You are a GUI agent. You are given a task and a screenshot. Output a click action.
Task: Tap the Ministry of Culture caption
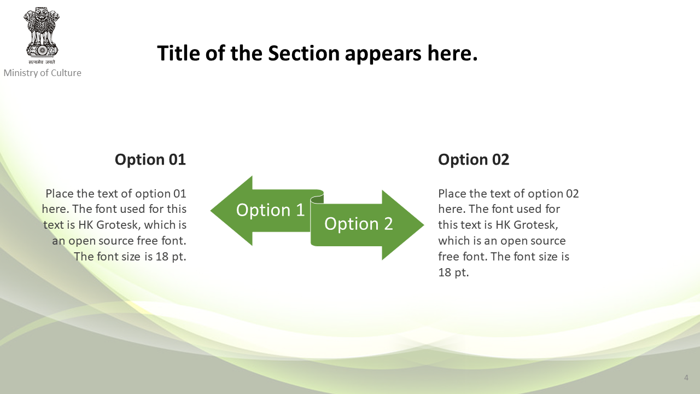(42, 73)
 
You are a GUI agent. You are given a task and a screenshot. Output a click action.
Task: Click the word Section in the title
(304, 53)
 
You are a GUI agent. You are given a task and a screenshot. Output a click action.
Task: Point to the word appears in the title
(383, 54)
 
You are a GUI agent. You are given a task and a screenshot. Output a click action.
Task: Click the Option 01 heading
(150, 160)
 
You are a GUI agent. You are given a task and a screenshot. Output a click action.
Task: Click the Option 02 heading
(474, 160)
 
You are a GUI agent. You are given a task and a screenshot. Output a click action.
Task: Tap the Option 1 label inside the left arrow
(270, 210)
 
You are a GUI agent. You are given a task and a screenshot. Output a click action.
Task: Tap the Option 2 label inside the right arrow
(358, 224)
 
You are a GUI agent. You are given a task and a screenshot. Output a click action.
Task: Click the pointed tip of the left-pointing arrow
(211, 211)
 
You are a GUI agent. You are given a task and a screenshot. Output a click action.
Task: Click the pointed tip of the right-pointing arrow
(423, 225)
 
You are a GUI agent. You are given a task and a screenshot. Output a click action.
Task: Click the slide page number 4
(686, 378)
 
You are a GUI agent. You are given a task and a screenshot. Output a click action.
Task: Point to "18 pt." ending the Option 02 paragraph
(453, 273)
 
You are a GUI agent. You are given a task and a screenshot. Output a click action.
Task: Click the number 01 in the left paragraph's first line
(179, 194)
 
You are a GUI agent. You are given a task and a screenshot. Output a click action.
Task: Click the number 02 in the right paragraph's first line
(572, 194)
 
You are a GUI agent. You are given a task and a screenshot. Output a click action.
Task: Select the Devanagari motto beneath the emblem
(42, 62)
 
